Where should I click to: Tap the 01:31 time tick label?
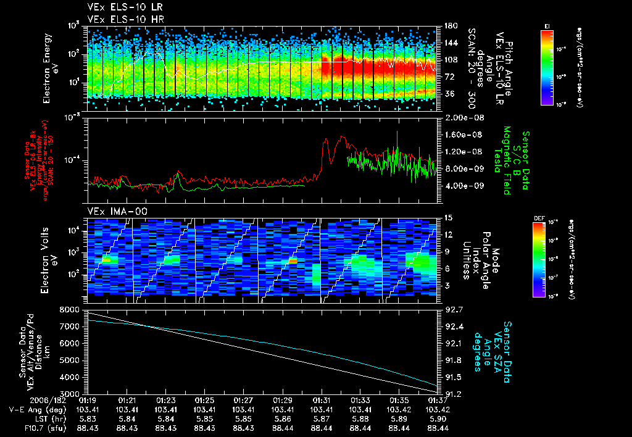click(321, 400)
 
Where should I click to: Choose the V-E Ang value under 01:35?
click(399, 409)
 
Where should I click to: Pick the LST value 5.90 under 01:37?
click(438, 418)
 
